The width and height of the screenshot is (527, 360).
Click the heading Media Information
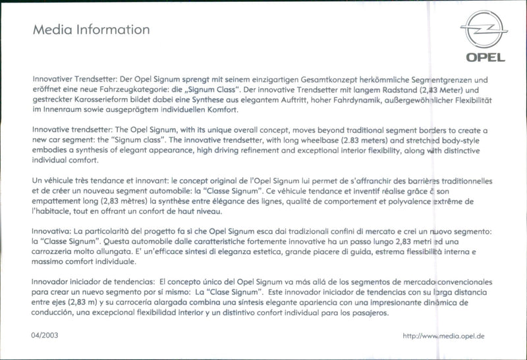pos(91,30)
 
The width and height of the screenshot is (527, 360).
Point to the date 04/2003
pos(45,336)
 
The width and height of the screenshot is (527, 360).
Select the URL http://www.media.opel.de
pos(443,336)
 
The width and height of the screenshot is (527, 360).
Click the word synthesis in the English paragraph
pos(88,150)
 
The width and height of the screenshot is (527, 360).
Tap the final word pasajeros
pos(370,313)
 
